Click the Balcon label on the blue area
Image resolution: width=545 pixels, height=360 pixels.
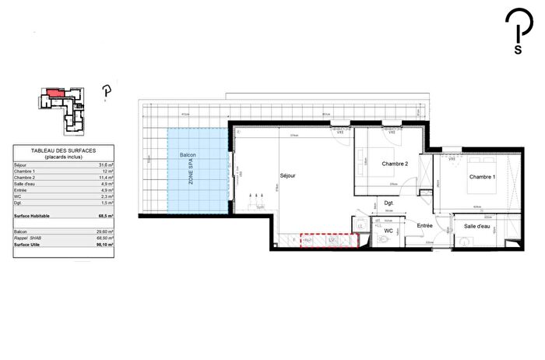point(188,156)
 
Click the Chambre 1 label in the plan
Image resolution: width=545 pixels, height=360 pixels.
point(483,176)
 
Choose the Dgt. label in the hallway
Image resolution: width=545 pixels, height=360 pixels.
point(389,203)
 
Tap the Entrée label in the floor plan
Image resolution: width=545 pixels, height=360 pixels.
point(424,226)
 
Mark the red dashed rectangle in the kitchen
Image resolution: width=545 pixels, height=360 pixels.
point(329,241)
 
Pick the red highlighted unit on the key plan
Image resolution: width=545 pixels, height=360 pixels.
point(54,93)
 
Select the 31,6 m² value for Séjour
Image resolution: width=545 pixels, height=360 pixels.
point(106,164)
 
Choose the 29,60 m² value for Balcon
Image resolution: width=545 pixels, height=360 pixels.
point(106,232)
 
